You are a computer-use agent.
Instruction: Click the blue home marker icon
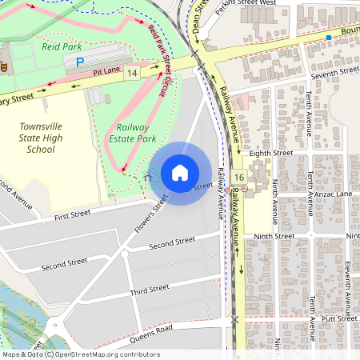180,173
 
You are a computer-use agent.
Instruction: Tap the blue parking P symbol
79,62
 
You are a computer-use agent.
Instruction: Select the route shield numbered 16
238,176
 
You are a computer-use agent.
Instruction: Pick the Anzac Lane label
334,194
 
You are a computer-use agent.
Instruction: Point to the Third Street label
150,289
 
